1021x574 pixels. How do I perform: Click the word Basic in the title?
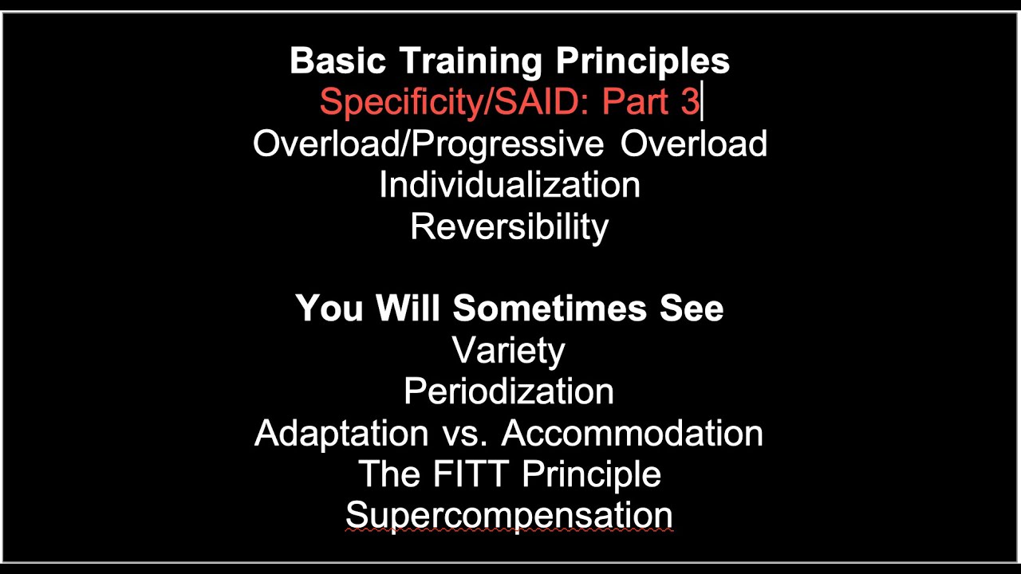[337, 61]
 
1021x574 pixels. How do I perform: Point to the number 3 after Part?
[691, 103]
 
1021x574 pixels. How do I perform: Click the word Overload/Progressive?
[428, 144]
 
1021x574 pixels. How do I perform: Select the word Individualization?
[510, 186]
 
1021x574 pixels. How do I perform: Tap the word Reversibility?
[510, 227]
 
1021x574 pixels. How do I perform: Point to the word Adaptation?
[341, 434]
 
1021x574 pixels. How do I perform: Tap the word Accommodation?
[633, 434]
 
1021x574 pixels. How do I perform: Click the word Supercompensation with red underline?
[509, 516]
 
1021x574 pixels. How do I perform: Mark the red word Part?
[635, 103]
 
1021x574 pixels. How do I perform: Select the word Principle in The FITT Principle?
[591, 474]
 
